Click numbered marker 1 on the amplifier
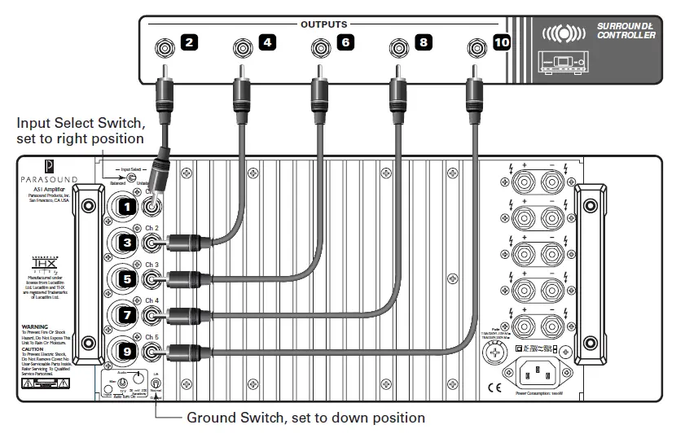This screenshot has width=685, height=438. point(125,208)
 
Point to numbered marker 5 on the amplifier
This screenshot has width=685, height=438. point(125,278)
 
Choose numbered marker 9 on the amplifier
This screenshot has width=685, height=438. point(125,352)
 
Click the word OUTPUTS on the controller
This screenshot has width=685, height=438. point(324,24)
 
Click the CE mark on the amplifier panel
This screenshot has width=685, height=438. point(494,388)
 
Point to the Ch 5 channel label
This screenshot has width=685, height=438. point(151,336)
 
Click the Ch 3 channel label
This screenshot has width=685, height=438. point(151,265)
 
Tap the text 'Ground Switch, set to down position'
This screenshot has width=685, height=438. point(305,418)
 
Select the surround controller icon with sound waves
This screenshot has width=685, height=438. point(563,35)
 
